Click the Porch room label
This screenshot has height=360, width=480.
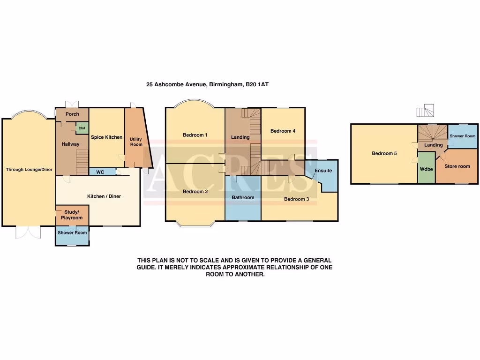tap(72, 114)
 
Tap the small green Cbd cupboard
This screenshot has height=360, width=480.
tap(82, 128)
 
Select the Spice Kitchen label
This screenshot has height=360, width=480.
tap(106, 137)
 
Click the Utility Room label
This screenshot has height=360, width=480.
tap(136, 142)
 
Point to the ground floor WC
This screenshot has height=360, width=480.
tap(100, 172)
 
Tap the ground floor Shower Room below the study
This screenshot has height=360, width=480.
tap(72, 233)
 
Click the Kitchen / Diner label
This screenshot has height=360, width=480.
tap(104, 196)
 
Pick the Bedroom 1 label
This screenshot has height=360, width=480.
tap(195, 135)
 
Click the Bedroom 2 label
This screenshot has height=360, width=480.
tap(195, 191)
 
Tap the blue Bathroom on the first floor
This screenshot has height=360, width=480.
tap(243, 197)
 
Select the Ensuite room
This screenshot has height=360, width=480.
tap(323, 171)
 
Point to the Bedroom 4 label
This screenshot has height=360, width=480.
tap(283, 131)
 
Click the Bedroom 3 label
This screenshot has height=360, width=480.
tap(296, 199)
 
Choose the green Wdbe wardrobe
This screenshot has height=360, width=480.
tap(426, 169)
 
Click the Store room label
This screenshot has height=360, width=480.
tap(457, 166)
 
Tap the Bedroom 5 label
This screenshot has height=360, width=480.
tap(384, 153)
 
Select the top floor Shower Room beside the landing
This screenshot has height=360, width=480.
tap(462, 136)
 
